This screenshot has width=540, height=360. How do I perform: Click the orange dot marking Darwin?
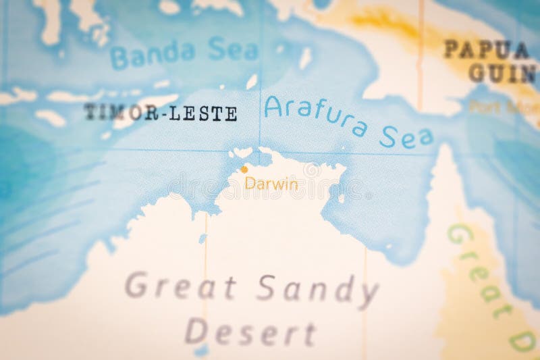tap(244, 170)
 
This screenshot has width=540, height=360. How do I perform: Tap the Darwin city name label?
tap(271, 183)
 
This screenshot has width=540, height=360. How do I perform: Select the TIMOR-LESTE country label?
tap(161, 113)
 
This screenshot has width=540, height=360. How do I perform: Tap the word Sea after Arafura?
tap(406, 137)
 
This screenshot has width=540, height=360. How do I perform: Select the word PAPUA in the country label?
tap(485, 50)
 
